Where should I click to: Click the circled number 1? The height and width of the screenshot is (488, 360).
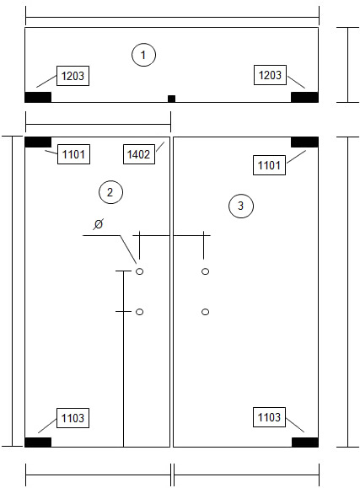[x=143, y=55]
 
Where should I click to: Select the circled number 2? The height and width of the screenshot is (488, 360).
[x=110, y=192]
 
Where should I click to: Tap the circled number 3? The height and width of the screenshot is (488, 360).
[x=241, y=206]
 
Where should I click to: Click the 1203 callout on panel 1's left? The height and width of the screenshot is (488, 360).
[x=73, y=76]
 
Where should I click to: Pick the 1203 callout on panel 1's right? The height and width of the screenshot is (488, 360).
[x=270, y=75]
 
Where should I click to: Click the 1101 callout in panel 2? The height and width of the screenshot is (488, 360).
[x=74, y=154]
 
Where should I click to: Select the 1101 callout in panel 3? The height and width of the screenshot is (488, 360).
[x=270, y=165]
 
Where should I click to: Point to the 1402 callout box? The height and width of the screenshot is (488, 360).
[x=139, y=154]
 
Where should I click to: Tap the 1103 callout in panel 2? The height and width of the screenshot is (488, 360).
[x=73, y=418]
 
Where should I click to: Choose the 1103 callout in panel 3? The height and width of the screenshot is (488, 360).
[x=270, y=417]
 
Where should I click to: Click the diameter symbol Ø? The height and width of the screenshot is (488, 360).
[x=99, y=224]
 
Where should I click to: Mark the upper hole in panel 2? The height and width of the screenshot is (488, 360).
[x=139, y=271]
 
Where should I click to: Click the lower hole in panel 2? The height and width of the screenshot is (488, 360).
[x=139, y=312]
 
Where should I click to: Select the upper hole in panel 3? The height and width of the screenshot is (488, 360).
[x=205, y=271]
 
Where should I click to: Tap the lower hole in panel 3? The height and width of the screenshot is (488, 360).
[x=205, y=312]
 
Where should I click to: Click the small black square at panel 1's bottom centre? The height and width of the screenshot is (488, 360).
[x=172, y=99]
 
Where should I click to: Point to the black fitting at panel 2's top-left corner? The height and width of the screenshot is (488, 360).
[x=38, y=142]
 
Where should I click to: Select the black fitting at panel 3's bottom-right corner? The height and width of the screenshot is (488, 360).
[x=305, y=442]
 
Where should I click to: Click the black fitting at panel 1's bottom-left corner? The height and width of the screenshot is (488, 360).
[x=38, y=97]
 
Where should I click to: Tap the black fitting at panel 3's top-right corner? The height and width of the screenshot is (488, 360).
[x=304, y=142]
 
